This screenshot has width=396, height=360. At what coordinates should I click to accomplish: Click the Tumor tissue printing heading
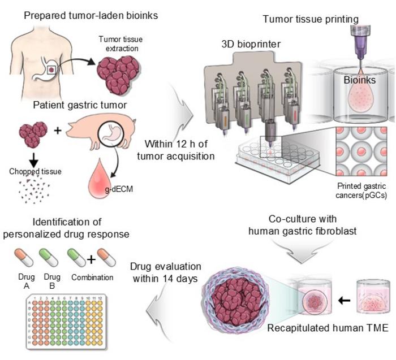tap(311, 19)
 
